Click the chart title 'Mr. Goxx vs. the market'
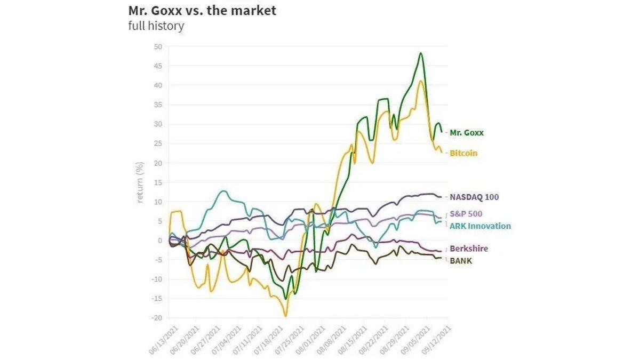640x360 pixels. point(202,10)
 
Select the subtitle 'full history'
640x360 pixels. point(156,26)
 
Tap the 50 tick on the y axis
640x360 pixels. point(158,47)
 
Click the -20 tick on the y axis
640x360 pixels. point(157,318)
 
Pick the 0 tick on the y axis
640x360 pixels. point(159,241)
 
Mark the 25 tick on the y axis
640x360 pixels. point(158,143)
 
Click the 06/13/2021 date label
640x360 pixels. point(164,339)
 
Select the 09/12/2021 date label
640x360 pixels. point(435,339)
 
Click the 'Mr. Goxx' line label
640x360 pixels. point(467,133)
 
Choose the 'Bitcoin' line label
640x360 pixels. point(463,153)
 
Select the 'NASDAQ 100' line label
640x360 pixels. point(474,197)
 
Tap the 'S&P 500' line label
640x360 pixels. point(467,214)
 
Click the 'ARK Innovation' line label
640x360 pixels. point(480,226)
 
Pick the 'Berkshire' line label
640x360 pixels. point(469,249)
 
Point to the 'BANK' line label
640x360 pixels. point(461,261)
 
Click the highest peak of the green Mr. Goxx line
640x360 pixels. point(421,53)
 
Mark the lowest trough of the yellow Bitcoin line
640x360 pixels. point(285,316)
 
